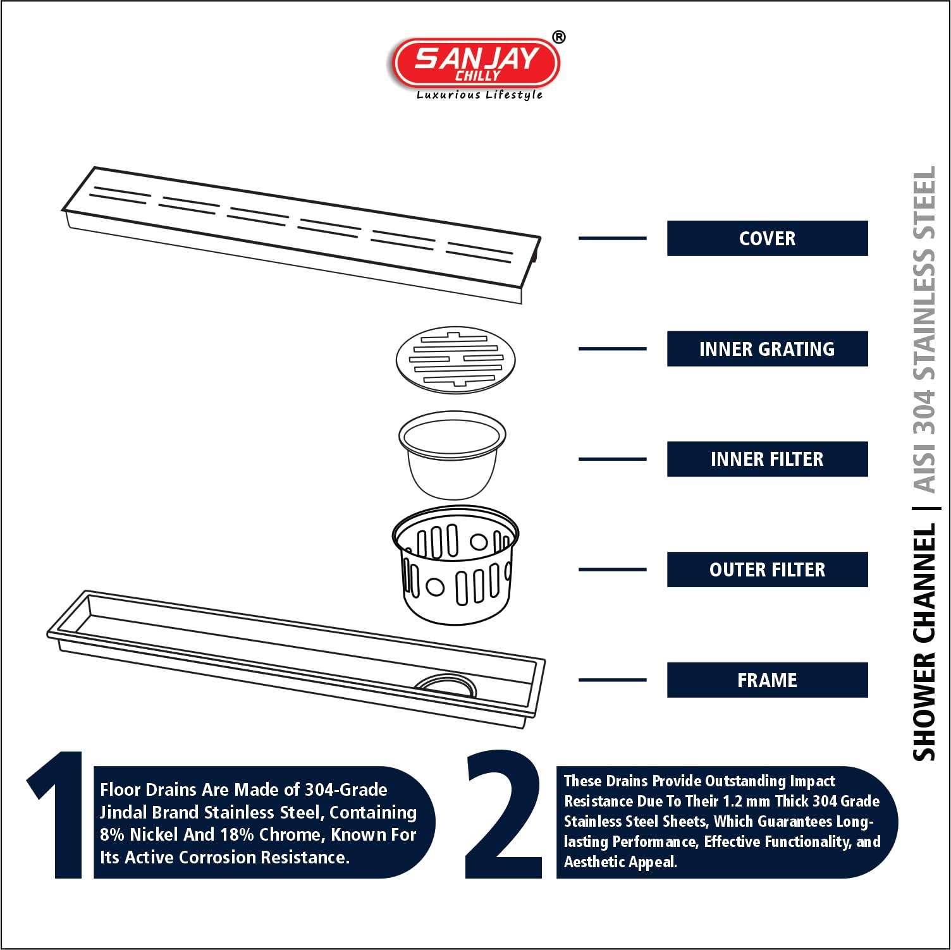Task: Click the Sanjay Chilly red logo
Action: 476,63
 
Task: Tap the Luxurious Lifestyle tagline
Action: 479,95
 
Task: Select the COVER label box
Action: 767,238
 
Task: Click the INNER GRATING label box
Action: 767,349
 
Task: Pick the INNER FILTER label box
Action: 767,460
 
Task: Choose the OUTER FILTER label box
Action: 767,569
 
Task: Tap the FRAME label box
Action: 767,680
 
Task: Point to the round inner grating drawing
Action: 455,358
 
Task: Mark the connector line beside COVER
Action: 612,238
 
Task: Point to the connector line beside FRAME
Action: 612,680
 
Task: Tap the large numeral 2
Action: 504,815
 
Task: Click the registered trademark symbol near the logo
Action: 559,37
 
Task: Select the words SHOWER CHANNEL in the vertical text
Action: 924,642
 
